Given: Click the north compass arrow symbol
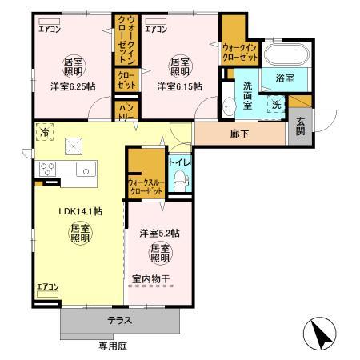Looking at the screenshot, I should click(318, 330).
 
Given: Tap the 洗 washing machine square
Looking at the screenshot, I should click(274, 104).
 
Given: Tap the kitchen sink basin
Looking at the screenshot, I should click(84, 168).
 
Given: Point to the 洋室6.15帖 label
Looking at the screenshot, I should click(178, 86).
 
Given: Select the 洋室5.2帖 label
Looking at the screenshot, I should click(159, 233).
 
